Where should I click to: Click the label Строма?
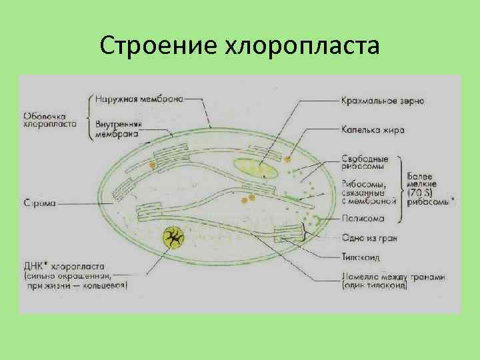coord(38,201)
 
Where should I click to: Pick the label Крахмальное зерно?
coord(382,101)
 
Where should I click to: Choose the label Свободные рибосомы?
coord(365,163)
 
